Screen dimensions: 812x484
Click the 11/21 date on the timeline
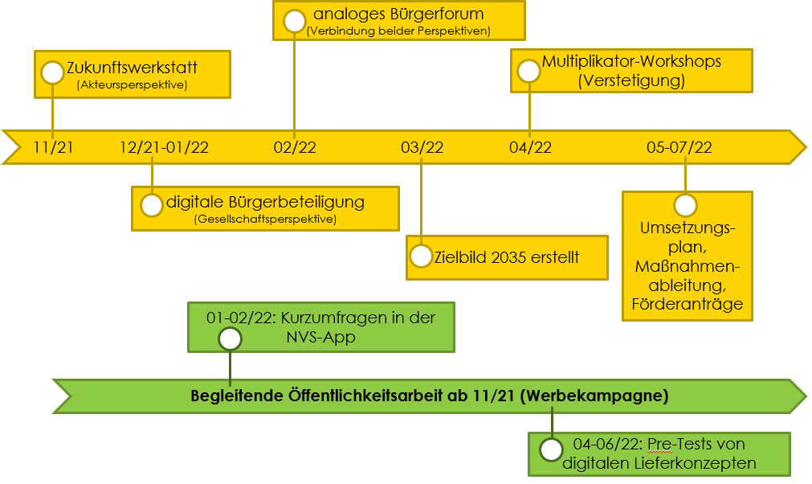coord(53,147)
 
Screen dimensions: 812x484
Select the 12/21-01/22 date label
coord(164,147)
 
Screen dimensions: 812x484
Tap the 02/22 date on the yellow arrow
coord(295,147)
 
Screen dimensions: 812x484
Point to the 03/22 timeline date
coord(422,147)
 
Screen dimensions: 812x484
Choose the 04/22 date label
coord(530,147)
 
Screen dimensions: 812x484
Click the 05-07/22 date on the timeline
coord(679,147)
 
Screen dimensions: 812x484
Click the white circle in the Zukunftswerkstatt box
coord(52,72)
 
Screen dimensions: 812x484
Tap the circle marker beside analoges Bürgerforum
coord(294,21)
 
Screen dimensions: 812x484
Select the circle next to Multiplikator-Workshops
coord(528,71)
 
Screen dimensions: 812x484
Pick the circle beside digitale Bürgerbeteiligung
coord(152,205)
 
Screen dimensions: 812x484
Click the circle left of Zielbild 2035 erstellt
coord(421,256)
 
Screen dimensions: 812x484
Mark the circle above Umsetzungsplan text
coord(685,205)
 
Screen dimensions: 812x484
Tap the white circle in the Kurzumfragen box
coord(230,339)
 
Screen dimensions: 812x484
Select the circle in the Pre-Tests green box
coord(551,449)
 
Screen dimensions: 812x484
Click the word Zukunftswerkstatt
coord(132,68)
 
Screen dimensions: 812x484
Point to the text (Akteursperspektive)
coord(132,84)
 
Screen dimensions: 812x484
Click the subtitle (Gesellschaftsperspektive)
coord(265,219)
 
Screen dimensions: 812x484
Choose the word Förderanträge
coord(688,304)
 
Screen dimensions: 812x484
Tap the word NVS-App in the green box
coord(321,337)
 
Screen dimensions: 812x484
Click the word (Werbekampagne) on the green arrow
coord(594,396)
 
